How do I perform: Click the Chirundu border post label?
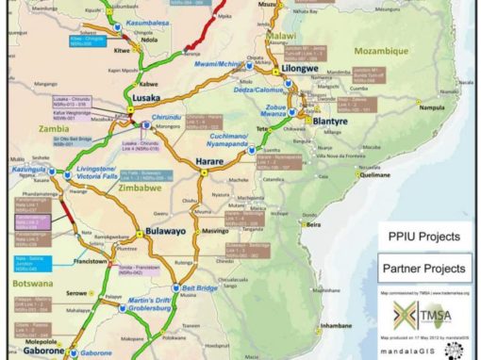pyautogui.click(x=166, y=116)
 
